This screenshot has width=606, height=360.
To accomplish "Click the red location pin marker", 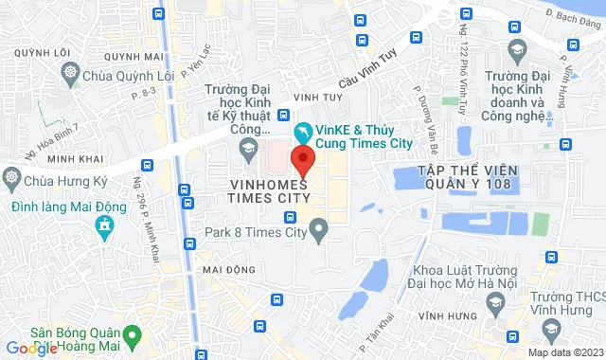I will (x=302, y=159).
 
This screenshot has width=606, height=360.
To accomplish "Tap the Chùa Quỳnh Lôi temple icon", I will (x=71, y=72).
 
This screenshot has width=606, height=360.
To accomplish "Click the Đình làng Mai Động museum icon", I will (x=103, y=225).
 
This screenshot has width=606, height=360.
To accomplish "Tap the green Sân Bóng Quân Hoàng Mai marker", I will (x=134, y=334).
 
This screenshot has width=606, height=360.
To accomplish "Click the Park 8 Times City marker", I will (x=319, y=228).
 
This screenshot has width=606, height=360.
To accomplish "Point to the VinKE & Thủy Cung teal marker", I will (x=302, y=131).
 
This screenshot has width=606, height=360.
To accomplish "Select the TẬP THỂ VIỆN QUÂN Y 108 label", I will (x=457, y=177).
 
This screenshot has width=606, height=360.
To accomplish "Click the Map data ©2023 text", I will (x=563, y=352).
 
